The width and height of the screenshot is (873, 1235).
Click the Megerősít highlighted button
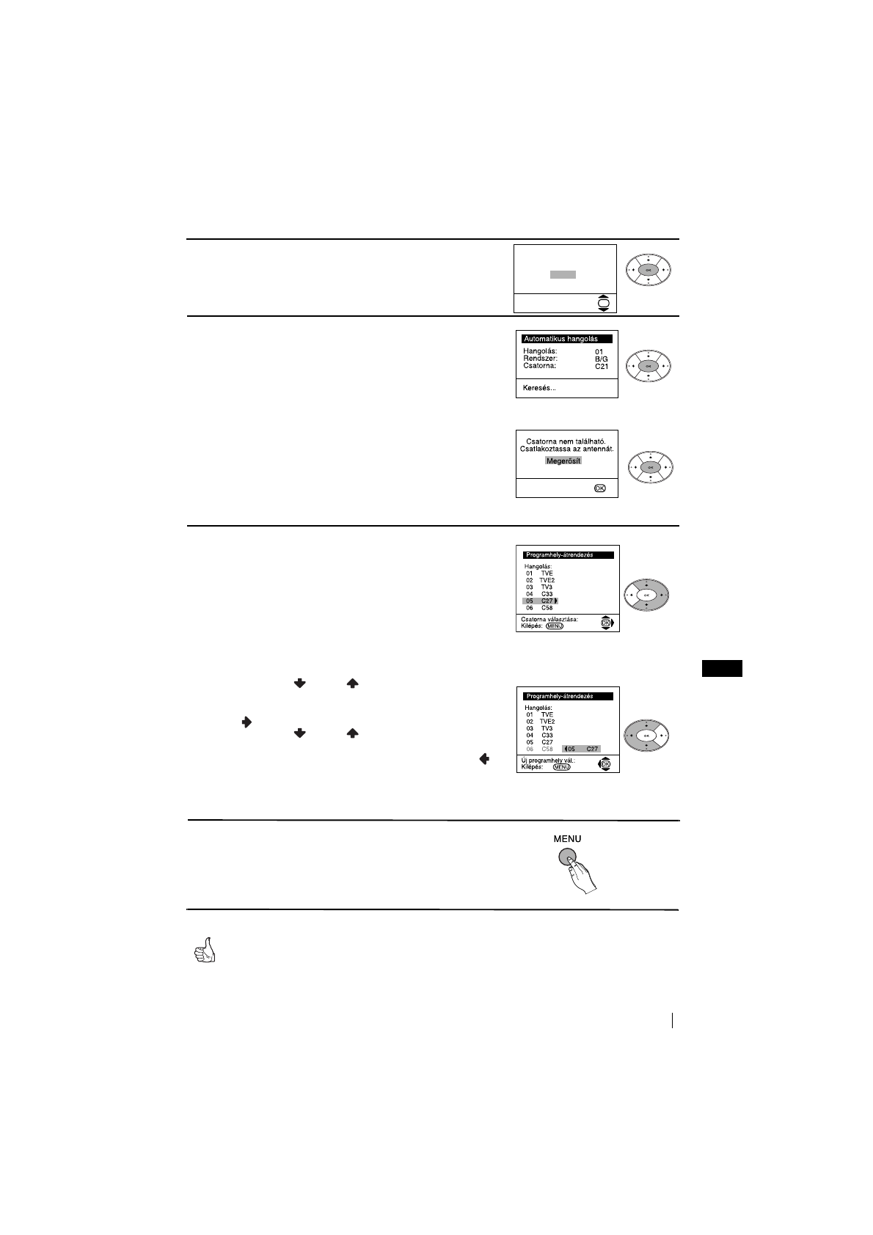click(563, 461)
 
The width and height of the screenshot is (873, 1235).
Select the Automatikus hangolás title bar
click(566, 339)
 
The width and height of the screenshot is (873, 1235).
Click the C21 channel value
click(602, 366)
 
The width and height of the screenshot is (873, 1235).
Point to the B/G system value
click(602, 359)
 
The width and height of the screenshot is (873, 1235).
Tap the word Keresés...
click(539, 387)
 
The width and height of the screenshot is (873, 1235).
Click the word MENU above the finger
click(567, 838)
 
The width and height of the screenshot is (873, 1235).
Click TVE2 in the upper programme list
click(547, 580)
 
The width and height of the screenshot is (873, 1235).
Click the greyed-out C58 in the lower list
click(547, 749)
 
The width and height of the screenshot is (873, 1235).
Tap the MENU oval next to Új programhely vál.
click(561, 767)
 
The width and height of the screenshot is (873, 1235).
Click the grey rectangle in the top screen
click(563, 274)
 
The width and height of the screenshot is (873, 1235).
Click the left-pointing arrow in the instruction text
click(484, 760)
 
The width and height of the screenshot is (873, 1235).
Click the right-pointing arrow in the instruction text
click(246, 723)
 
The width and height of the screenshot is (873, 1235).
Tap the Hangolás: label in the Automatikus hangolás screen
click(540, 351)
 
